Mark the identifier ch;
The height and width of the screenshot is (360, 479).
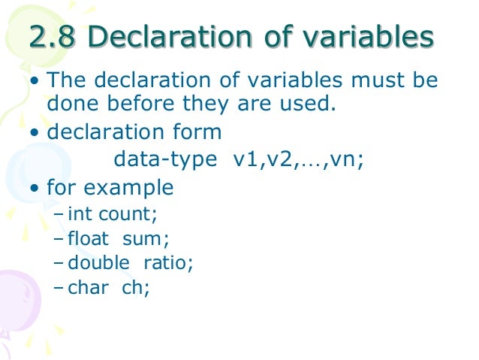136,287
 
